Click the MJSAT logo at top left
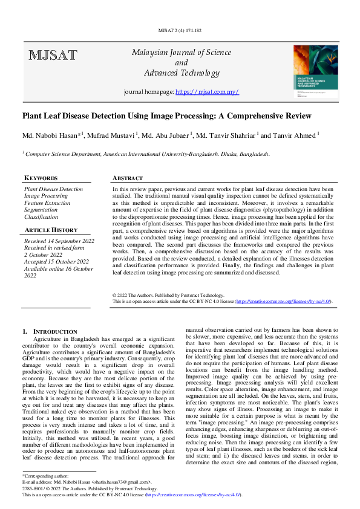pos(53,56)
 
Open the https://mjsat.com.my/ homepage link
pos(207,92)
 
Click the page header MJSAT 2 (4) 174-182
pos(180,30)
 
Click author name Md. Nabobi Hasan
pos(51,135)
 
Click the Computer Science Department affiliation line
pos(146,155)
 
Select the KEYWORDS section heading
pos(41,178)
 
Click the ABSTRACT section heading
pos(128,178)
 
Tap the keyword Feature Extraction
pos(47,203)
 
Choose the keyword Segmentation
pos(41,210)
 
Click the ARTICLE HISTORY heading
pos(51,230)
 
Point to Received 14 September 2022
pos(59,241)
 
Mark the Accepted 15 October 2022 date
pos(56,261)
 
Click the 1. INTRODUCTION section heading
pos(50,332)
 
